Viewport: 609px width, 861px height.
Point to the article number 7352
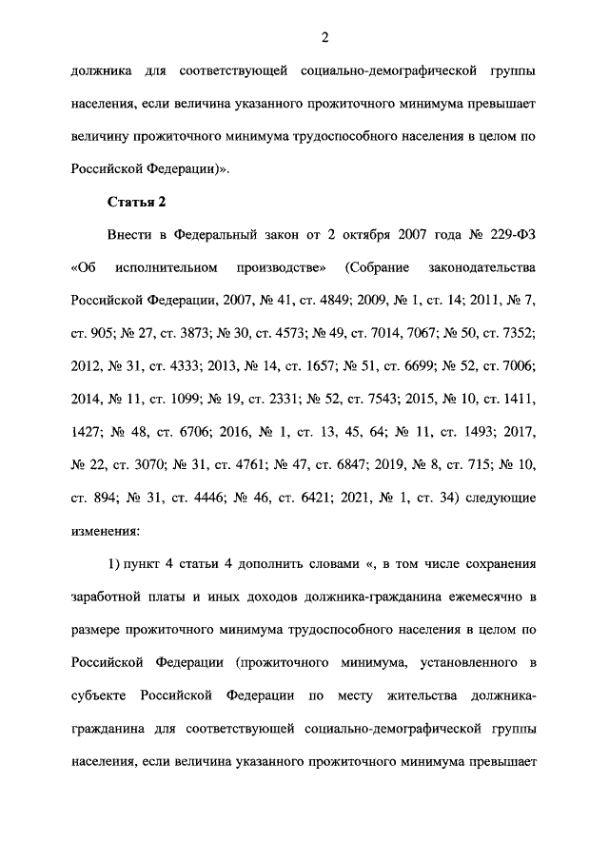[519, 333]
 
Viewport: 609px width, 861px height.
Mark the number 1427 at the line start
[87, 432]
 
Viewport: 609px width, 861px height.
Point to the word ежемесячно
[484, 597]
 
